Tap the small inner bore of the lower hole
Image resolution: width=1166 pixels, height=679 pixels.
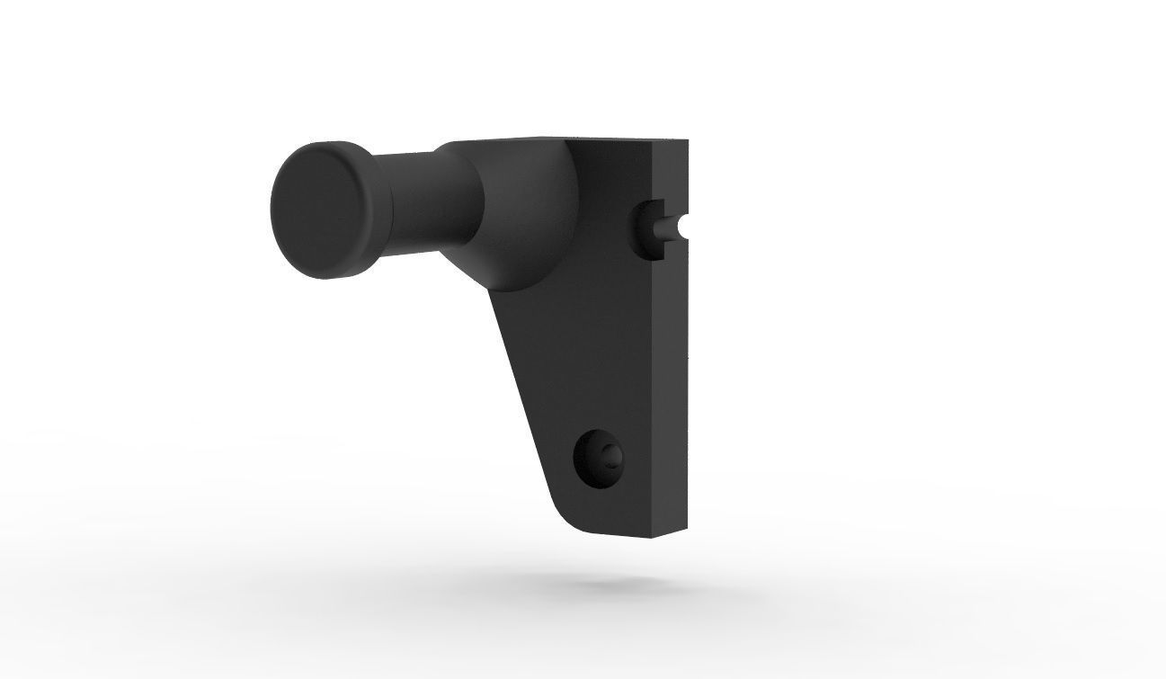coord(612,455)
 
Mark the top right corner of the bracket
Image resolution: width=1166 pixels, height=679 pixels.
coord(688,142)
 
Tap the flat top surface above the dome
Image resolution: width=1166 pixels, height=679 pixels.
coord(521,141)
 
